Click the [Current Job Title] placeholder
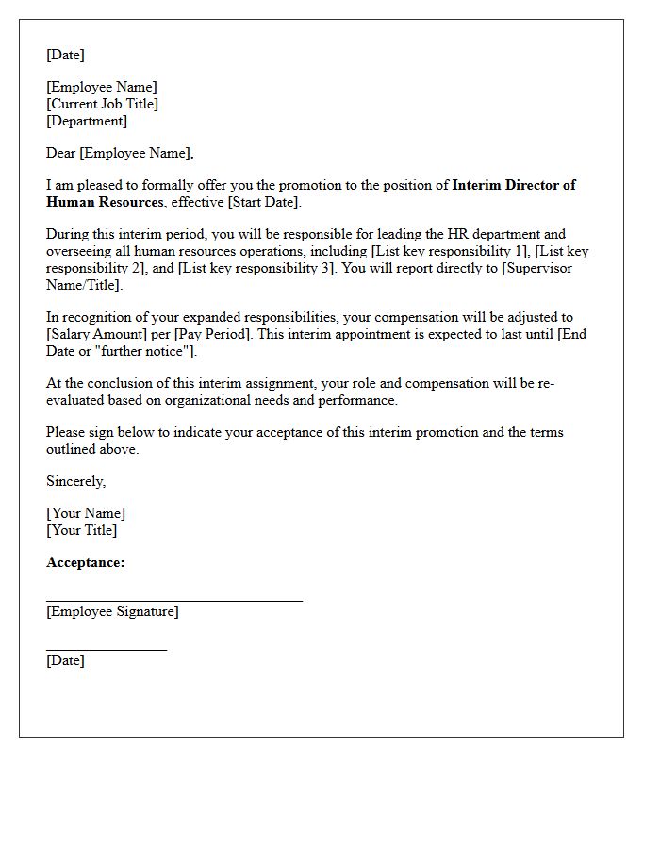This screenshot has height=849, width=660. [102, 104]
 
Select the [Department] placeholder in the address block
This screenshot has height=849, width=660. [87, 121]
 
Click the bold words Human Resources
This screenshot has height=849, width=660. [104, 202]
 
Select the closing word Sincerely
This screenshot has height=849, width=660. [76, 481]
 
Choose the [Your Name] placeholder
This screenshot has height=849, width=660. [86, 513]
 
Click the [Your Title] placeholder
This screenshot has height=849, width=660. [82, 530]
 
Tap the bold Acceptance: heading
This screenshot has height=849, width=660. [86, 562]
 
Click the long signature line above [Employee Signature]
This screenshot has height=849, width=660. [174, 600]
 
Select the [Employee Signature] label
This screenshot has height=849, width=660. [112, 611]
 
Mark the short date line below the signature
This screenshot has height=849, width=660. [107, 649]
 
